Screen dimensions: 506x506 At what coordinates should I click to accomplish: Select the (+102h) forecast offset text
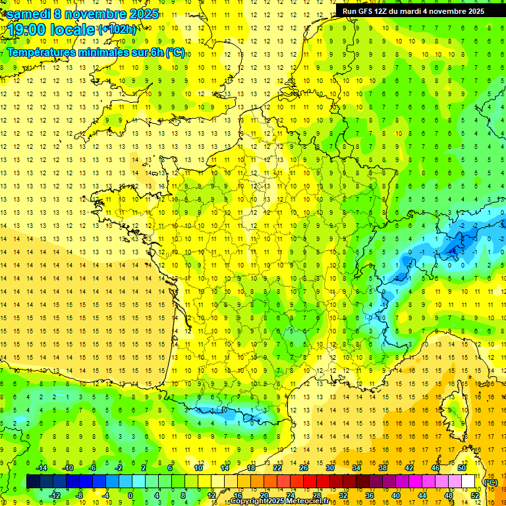pyautogui.click(x=117, y=29)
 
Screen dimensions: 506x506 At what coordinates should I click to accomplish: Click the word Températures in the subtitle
pyautogui.click(x=46, y=53)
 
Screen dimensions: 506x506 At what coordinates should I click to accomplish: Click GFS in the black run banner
pyautogui.click(x=370, y=11)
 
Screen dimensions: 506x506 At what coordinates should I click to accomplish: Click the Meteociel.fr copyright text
pyautogui.click(x=279, y=501)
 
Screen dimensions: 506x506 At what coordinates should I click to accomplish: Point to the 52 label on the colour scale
pyautogui.click(x=475, y=495)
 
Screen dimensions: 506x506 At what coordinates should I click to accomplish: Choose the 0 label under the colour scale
pyautogui.click(x=130, y=495)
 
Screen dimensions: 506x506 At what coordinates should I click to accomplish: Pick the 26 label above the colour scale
pyautogui.click(x=304, y=468)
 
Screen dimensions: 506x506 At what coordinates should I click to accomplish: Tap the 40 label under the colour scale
pyautogui.click(x=395, y=495)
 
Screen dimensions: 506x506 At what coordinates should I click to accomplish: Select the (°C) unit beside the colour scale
pyautogui.click(x=491, y=482)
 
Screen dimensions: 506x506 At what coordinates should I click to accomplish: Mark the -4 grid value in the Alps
pyautogui.click(x=450, y=252)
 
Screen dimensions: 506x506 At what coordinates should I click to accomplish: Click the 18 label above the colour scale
pyautogui.click(x=251, y=468)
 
